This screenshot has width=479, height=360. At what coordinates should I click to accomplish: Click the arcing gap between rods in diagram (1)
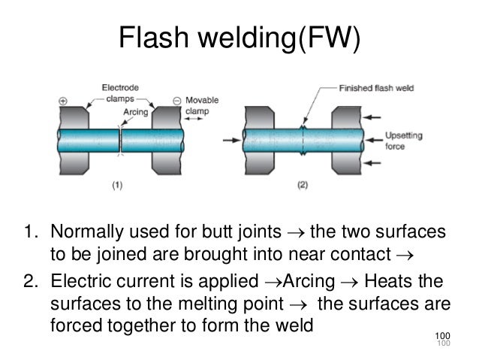tap(121, 141)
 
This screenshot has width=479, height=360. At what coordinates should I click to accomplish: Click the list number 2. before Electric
tap(35, 283)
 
